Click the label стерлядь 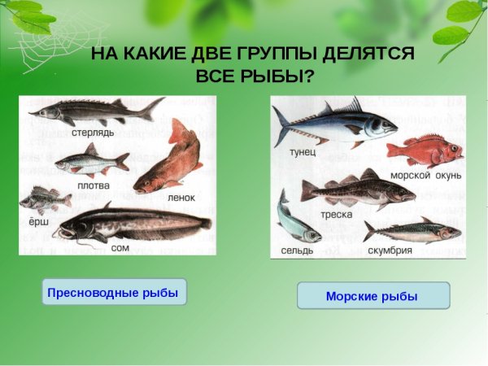coord(93,132)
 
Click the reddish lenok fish coord(171,159)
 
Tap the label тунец coord(303,152)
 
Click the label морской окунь coord(425,175)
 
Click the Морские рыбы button coord(373,296)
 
